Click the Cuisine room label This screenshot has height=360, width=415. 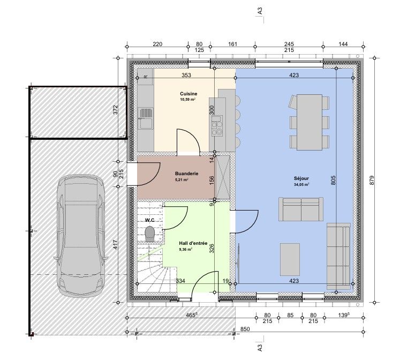click(x=188, y=94)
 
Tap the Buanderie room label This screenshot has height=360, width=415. click(x=186, y=174)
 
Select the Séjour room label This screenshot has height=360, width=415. click(x=301, y=179)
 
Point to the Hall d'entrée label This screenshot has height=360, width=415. click(x=193, y=243)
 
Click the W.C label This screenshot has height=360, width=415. click(x=149, y=220)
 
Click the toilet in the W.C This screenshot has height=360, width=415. click(x=150, y=234)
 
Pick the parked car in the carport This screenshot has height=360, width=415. click(x=81, y=235)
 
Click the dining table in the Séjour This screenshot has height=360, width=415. click(x=310, y=122)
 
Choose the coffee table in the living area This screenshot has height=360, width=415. click(x=290, y=260)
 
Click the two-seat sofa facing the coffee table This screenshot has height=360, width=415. click(x=300, y=209)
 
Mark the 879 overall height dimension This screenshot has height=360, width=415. click(x=372, y=180)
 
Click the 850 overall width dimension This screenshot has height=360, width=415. click(x=245, y=329)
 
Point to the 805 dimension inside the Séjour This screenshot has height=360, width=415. click(x=333, y=180)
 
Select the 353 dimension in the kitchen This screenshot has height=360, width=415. click(x=186, y=75)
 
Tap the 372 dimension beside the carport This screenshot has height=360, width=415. click(x=115, y=110)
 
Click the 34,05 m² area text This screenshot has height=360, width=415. click(x=301, y=185)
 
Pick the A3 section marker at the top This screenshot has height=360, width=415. click(x=260, y=11)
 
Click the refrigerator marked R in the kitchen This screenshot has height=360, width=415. click(x=145, y=77)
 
